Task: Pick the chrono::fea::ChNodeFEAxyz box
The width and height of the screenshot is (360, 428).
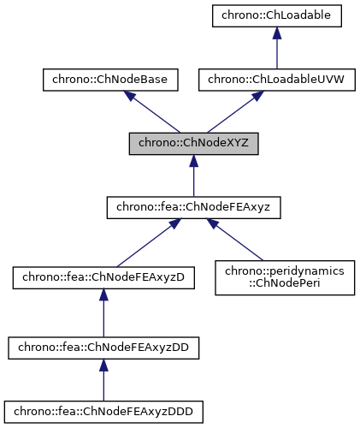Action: (193, 208)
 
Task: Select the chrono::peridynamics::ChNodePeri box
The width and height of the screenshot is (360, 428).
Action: (285, 277)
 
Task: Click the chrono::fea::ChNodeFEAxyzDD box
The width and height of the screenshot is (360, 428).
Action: (103, 348)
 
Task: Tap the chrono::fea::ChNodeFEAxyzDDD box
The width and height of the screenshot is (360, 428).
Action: (103, 413)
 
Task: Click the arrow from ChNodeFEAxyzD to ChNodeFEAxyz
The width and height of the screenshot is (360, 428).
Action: (145, 243)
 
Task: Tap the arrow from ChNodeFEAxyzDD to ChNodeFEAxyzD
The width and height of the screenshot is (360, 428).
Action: (103, 313)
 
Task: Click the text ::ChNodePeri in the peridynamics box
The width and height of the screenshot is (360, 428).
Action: (285, 284)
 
